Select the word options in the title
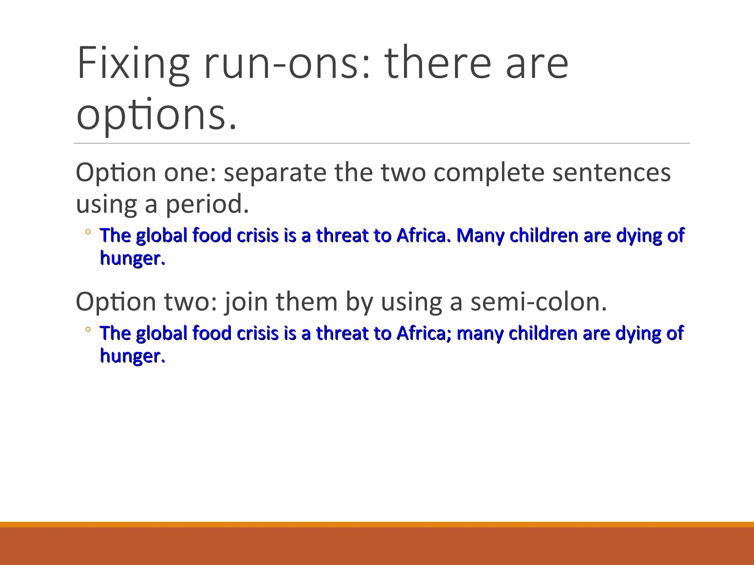156,114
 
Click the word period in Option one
207,204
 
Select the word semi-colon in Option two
538,302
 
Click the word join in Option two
246,302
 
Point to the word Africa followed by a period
423,235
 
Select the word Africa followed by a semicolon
423,333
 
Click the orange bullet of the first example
88,232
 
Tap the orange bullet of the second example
88,330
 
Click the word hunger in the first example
132,258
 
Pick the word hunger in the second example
132,356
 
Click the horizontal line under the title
381,143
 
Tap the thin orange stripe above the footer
377,525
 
